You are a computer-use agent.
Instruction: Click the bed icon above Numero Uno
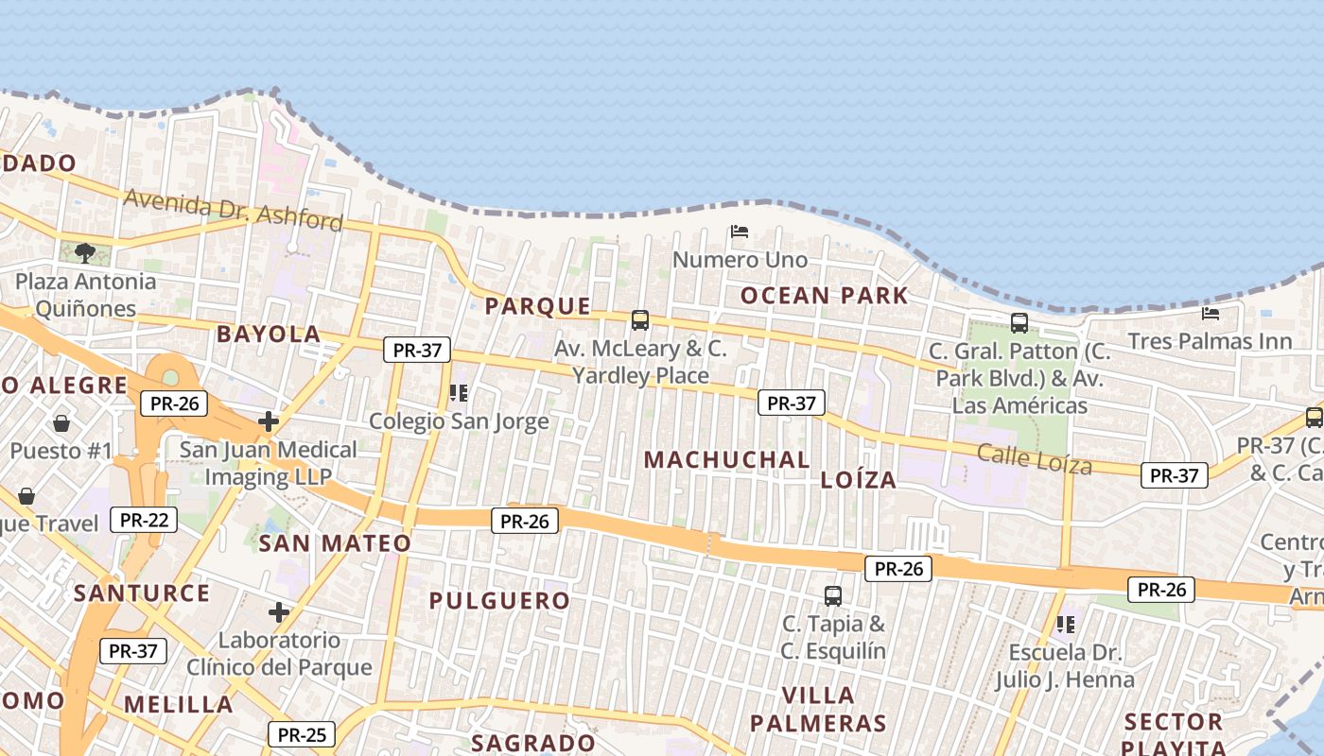(x=740, y=232)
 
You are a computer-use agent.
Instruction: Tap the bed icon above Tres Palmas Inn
(x=1210, y=313)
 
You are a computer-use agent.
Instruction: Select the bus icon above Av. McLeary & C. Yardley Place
(x=640, y=320)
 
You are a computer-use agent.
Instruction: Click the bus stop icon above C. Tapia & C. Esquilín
(x=833, y=595)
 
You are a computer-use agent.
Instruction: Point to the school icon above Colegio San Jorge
(x=459, y=392)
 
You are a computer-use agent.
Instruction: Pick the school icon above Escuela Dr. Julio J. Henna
(x=1066, y=624)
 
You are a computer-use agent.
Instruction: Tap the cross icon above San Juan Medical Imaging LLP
(x=269, y=421)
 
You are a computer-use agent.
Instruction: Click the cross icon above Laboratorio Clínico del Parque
(x=278, y=612)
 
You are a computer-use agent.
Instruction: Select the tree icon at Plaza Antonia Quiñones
(x=85, y=252)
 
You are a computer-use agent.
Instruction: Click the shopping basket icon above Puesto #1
(x=61, y=422)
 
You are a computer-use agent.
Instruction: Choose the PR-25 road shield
(x=302, y=734)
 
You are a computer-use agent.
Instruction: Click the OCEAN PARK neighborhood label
(x=824, y=296)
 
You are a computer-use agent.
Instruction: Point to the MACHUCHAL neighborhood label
(x=726, y=460)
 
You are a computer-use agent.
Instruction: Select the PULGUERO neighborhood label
(x=499, y=601)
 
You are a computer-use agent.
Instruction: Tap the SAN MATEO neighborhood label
(x=335, y=543)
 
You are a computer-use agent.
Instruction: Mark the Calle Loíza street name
(x=1034, y=459)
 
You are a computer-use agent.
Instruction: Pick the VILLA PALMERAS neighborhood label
(x=819, y=710)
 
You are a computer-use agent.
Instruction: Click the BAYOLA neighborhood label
(x=269, y=334)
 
